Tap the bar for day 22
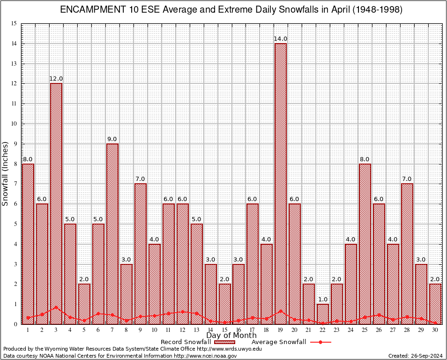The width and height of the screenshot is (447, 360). point(323,314)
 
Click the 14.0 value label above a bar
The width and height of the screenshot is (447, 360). point(281,39)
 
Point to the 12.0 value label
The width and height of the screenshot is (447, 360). point(56,79)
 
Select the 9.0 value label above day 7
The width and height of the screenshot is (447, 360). point(112,139)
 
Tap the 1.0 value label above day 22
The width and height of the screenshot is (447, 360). point(323,299)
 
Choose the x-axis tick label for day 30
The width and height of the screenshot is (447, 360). point(435,330)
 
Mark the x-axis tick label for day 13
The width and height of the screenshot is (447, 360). point(196,330)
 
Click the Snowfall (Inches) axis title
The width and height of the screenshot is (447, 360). point(5,173)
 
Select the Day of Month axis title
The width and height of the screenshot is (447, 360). point(231,336)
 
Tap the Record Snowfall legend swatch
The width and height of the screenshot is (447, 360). point(224,342)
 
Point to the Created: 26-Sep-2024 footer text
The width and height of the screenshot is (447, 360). point(415,356)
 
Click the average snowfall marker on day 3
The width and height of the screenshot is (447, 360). point(56,307)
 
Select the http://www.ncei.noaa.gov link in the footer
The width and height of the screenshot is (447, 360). point(205,356)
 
